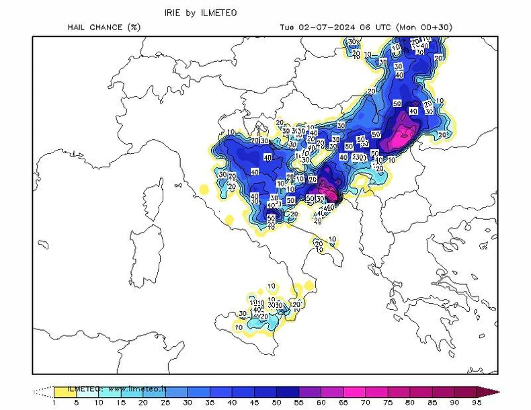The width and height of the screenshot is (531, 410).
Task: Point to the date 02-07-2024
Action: (x=327, y=28)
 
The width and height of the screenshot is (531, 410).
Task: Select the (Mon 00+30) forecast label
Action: (x=424, y=28)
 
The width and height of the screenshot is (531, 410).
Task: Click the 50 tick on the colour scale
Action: (x=277, y=403)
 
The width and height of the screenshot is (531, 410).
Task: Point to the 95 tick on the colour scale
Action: (x=476, y=403)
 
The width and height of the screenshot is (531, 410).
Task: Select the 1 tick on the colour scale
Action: (x=54, y=403)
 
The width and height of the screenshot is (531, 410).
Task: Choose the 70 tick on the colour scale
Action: (x=365, y=403)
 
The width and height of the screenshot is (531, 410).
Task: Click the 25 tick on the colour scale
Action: (x=165, y=403)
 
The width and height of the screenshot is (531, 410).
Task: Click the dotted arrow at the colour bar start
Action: (x=43, y=391)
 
